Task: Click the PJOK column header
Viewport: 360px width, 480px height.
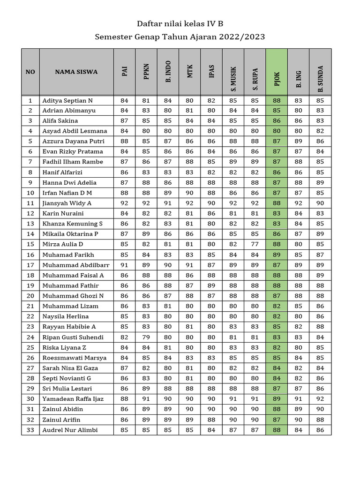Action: coord(277,72)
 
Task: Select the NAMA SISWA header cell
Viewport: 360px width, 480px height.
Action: coord(76,72)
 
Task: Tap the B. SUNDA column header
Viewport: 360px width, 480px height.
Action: coord(320,72)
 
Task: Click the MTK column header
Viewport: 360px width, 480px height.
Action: coord(190,72)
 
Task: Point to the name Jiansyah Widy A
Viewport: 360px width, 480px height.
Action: coord(67,203)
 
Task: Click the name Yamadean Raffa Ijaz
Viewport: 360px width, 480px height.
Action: coord(73,399)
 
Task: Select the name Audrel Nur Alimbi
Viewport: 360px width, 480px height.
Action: coord(70,430)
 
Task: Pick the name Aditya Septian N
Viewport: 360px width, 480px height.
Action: coord(67,100)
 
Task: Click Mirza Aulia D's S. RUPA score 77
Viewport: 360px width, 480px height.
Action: coord(255,244)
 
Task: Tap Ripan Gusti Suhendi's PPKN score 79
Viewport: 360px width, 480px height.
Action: coord(146,337)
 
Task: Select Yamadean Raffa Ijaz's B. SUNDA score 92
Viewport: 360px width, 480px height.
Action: coord(320,399)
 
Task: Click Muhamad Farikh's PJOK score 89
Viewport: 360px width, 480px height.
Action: coord(277,255)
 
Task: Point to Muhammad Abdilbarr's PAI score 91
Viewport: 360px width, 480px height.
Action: coord(124,265)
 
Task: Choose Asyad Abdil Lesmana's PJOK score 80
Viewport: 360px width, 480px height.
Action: coord(277,131)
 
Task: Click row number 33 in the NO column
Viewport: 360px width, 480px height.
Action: coord(30,430)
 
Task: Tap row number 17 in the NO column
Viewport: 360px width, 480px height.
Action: coord(30,265)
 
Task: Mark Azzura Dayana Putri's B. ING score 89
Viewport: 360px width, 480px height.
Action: coord(298,141)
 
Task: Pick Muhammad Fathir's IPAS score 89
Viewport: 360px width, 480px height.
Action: coord(211,285)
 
